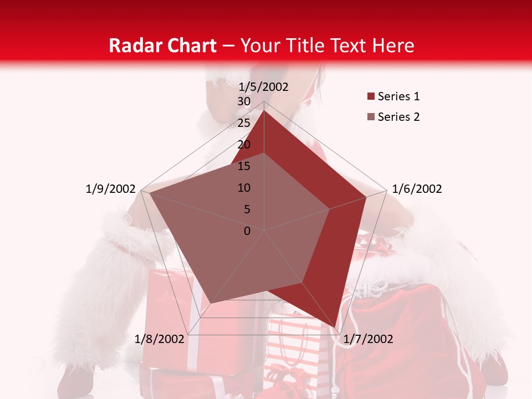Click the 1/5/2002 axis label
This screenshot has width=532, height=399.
tap(264, 86)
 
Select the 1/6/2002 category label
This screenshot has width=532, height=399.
tap(417, 189)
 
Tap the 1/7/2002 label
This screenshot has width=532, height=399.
tap(368, 339)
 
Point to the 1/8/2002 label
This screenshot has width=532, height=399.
tap(160, 339)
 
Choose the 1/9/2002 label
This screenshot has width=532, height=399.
tap(110, 189)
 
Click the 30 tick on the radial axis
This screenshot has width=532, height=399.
tap(244, 101)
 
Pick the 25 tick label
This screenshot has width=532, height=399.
tap(244, 123)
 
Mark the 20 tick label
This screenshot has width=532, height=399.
tap(244, 145)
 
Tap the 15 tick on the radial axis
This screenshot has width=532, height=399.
tap(244, 166)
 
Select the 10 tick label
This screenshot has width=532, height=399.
tap(244, 188)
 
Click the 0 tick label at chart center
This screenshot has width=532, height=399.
tap(247, 231)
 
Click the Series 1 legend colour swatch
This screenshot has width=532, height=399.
tap(371, 97)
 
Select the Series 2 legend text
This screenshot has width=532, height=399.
tap(398, 117)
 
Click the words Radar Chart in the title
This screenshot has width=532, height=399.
tap(162, 45)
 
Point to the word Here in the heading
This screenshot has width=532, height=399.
tap(393, 45)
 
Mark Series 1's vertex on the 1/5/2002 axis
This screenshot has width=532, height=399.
tap(264, 110)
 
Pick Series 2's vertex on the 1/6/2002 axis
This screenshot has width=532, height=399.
tap(330, 209)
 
